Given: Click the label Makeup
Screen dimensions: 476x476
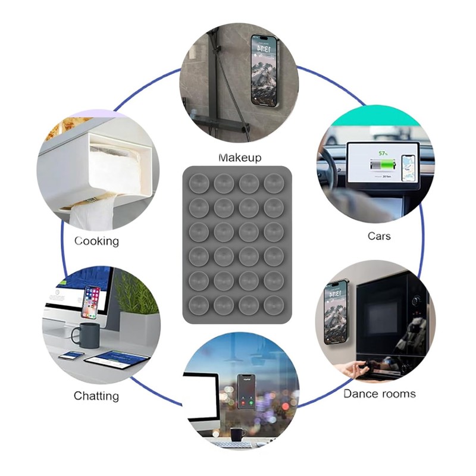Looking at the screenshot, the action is pos(240,158).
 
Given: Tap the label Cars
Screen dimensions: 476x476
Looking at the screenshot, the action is pos(379,236).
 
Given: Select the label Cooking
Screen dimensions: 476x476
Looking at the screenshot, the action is pos(96,241).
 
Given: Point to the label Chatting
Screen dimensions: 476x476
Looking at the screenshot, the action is pos(96,396).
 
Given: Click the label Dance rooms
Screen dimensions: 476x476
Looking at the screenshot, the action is pos(380,393).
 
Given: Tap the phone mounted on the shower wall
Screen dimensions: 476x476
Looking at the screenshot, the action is pos(264,70).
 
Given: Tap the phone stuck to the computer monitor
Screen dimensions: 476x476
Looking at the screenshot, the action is pos(91,302).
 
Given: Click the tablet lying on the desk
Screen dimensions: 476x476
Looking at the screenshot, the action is pos(116,359).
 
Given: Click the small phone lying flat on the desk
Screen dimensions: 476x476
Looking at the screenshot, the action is pos(71,355).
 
